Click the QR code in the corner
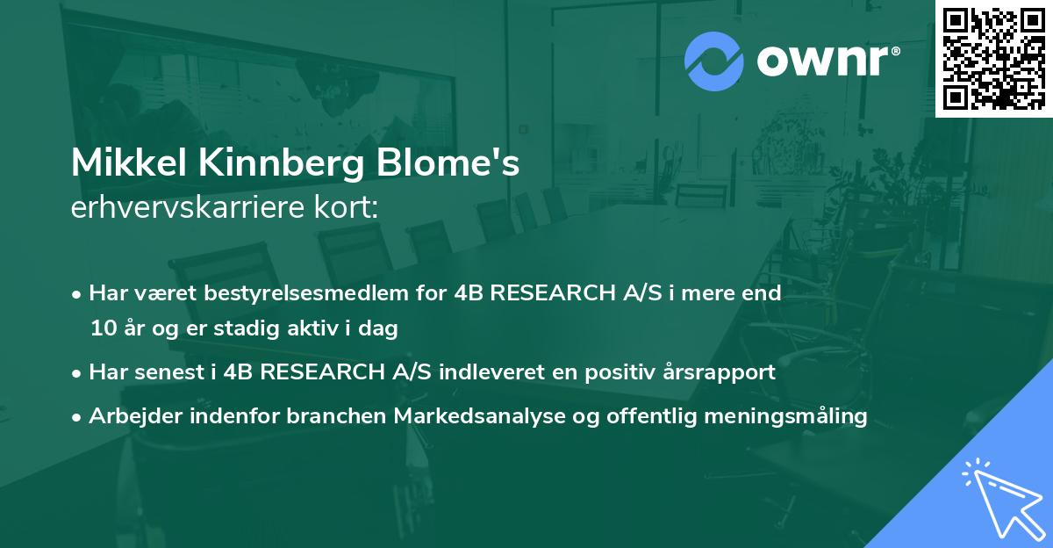pyautogui.click(x=993, y=58)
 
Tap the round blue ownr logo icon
pyautogui.click(x=714, y=61)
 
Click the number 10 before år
pyautogui.click(x=103, y=328)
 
